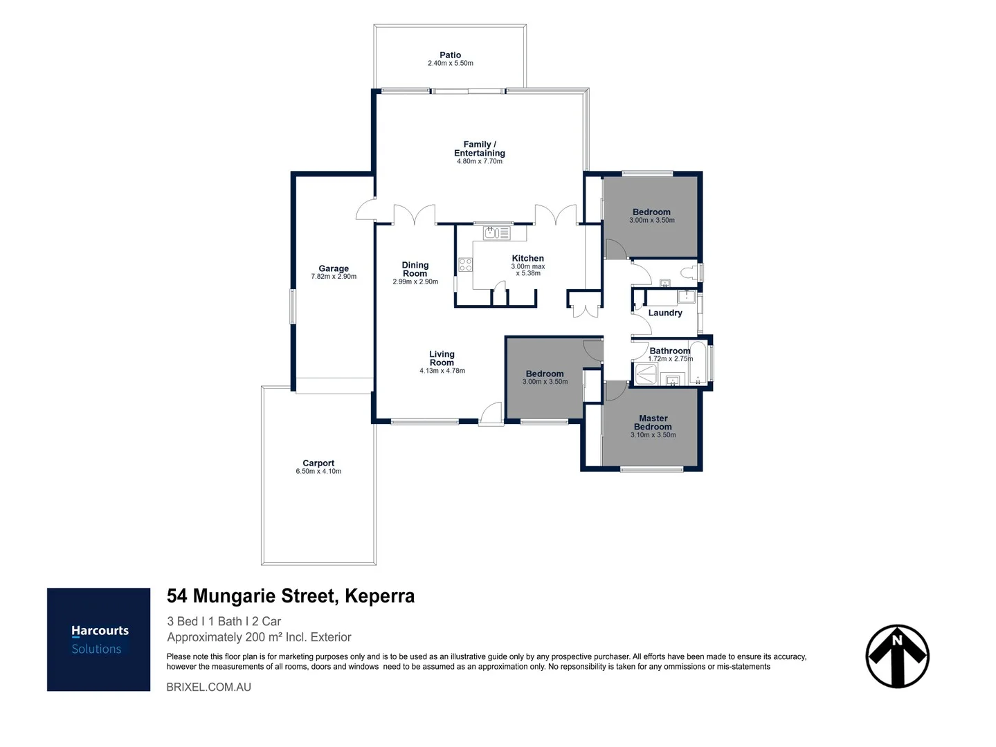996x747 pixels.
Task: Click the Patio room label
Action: point(450,55)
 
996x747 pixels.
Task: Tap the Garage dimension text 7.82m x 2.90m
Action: point(334,277)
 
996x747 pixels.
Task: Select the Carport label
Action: point(318,463)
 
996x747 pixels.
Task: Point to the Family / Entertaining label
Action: point(479,149)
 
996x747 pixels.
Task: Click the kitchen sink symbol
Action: point(492,232)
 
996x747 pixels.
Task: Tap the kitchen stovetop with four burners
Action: point(465,264)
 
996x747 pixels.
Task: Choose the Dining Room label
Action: point(415,269)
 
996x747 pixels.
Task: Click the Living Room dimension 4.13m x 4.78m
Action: point(442,371)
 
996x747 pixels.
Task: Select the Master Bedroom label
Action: point(653,423)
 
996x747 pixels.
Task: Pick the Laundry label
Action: point(665,313)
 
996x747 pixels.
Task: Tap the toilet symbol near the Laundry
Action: point(689,273)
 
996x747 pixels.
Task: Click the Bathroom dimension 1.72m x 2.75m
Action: point(670,359)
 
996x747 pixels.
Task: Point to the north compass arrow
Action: point(897,656)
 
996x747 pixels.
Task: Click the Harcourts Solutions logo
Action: point(99,639)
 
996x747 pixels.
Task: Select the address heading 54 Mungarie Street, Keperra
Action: point(291,596)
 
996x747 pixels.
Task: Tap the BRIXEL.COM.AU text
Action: point(209,687)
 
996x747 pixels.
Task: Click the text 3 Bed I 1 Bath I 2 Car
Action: point(224,621)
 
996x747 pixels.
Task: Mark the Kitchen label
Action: point(527,259)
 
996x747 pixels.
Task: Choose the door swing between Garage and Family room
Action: point(365,209)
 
